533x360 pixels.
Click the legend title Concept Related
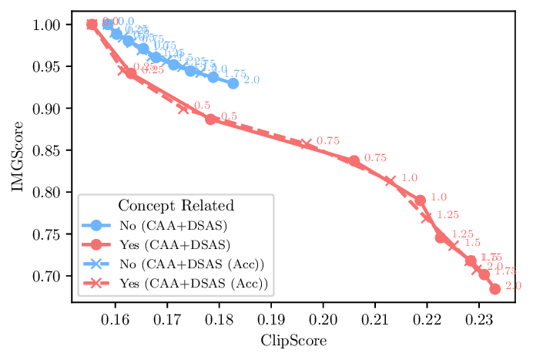click(x=176, y=206)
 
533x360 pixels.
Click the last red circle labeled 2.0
click(x=494, y=289)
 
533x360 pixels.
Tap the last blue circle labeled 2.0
click(x=233, y=83)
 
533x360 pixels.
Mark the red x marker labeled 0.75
click(x=306, y=144)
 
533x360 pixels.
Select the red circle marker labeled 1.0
click(x=420, y=200)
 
